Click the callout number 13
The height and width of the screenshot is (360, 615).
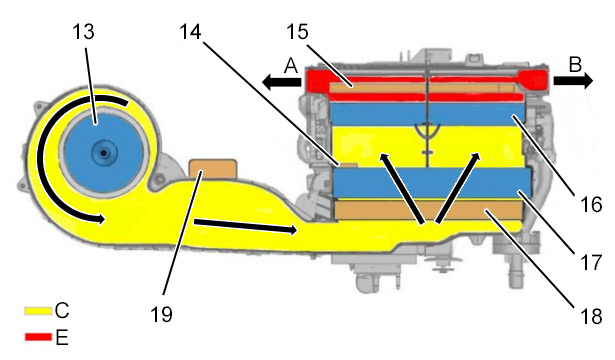pyautogui.click(x=83, y=32)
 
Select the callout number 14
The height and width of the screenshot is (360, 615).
pyautogui.click(x=191, y=32)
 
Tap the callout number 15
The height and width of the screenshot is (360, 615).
pyautogui.click(x=297, y=32)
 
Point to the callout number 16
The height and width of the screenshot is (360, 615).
pyautogui.click(x=591, y=204)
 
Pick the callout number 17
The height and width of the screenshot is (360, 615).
pyautogui.click(x=591, y=262)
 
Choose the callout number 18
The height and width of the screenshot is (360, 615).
pyautogui.click(x=591, y=316)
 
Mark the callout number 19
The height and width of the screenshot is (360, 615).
pyautogui.click(x=161, y=314)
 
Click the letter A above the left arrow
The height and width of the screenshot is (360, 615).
pyautogui.click(x=291, y=66)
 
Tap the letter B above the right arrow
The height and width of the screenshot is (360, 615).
pyautogui.click(x=575, y=65)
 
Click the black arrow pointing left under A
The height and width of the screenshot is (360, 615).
pyautogui.click(x=281, y=82)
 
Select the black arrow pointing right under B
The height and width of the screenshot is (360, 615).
pyautogui.click(x=573, y=81)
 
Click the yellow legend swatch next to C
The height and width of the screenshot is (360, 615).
pyautogui.click(x=38, y=311)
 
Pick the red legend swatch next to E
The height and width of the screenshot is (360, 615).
pyautogui.click(x=38, y=337)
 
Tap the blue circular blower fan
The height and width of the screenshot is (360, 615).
pyautogui.click(x=103, y=153)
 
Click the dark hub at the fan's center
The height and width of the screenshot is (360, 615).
pyautogui.click(x=103, y=153)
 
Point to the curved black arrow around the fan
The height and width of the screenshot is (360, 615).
pyautogui.click(x=42, y=157)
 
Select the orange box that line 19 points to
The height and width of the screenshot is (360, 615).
pyautogui.click(x=213, y=169)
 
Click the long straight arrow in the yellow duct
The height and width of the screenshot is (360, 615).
pyautogui.click(x=245, y=227)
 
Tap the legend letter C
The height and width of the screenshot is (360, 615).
pyautogui.click(x=62, y=311)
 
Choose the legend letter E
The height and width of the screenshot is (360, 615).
pyautogui.click(x=62, y=337)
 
